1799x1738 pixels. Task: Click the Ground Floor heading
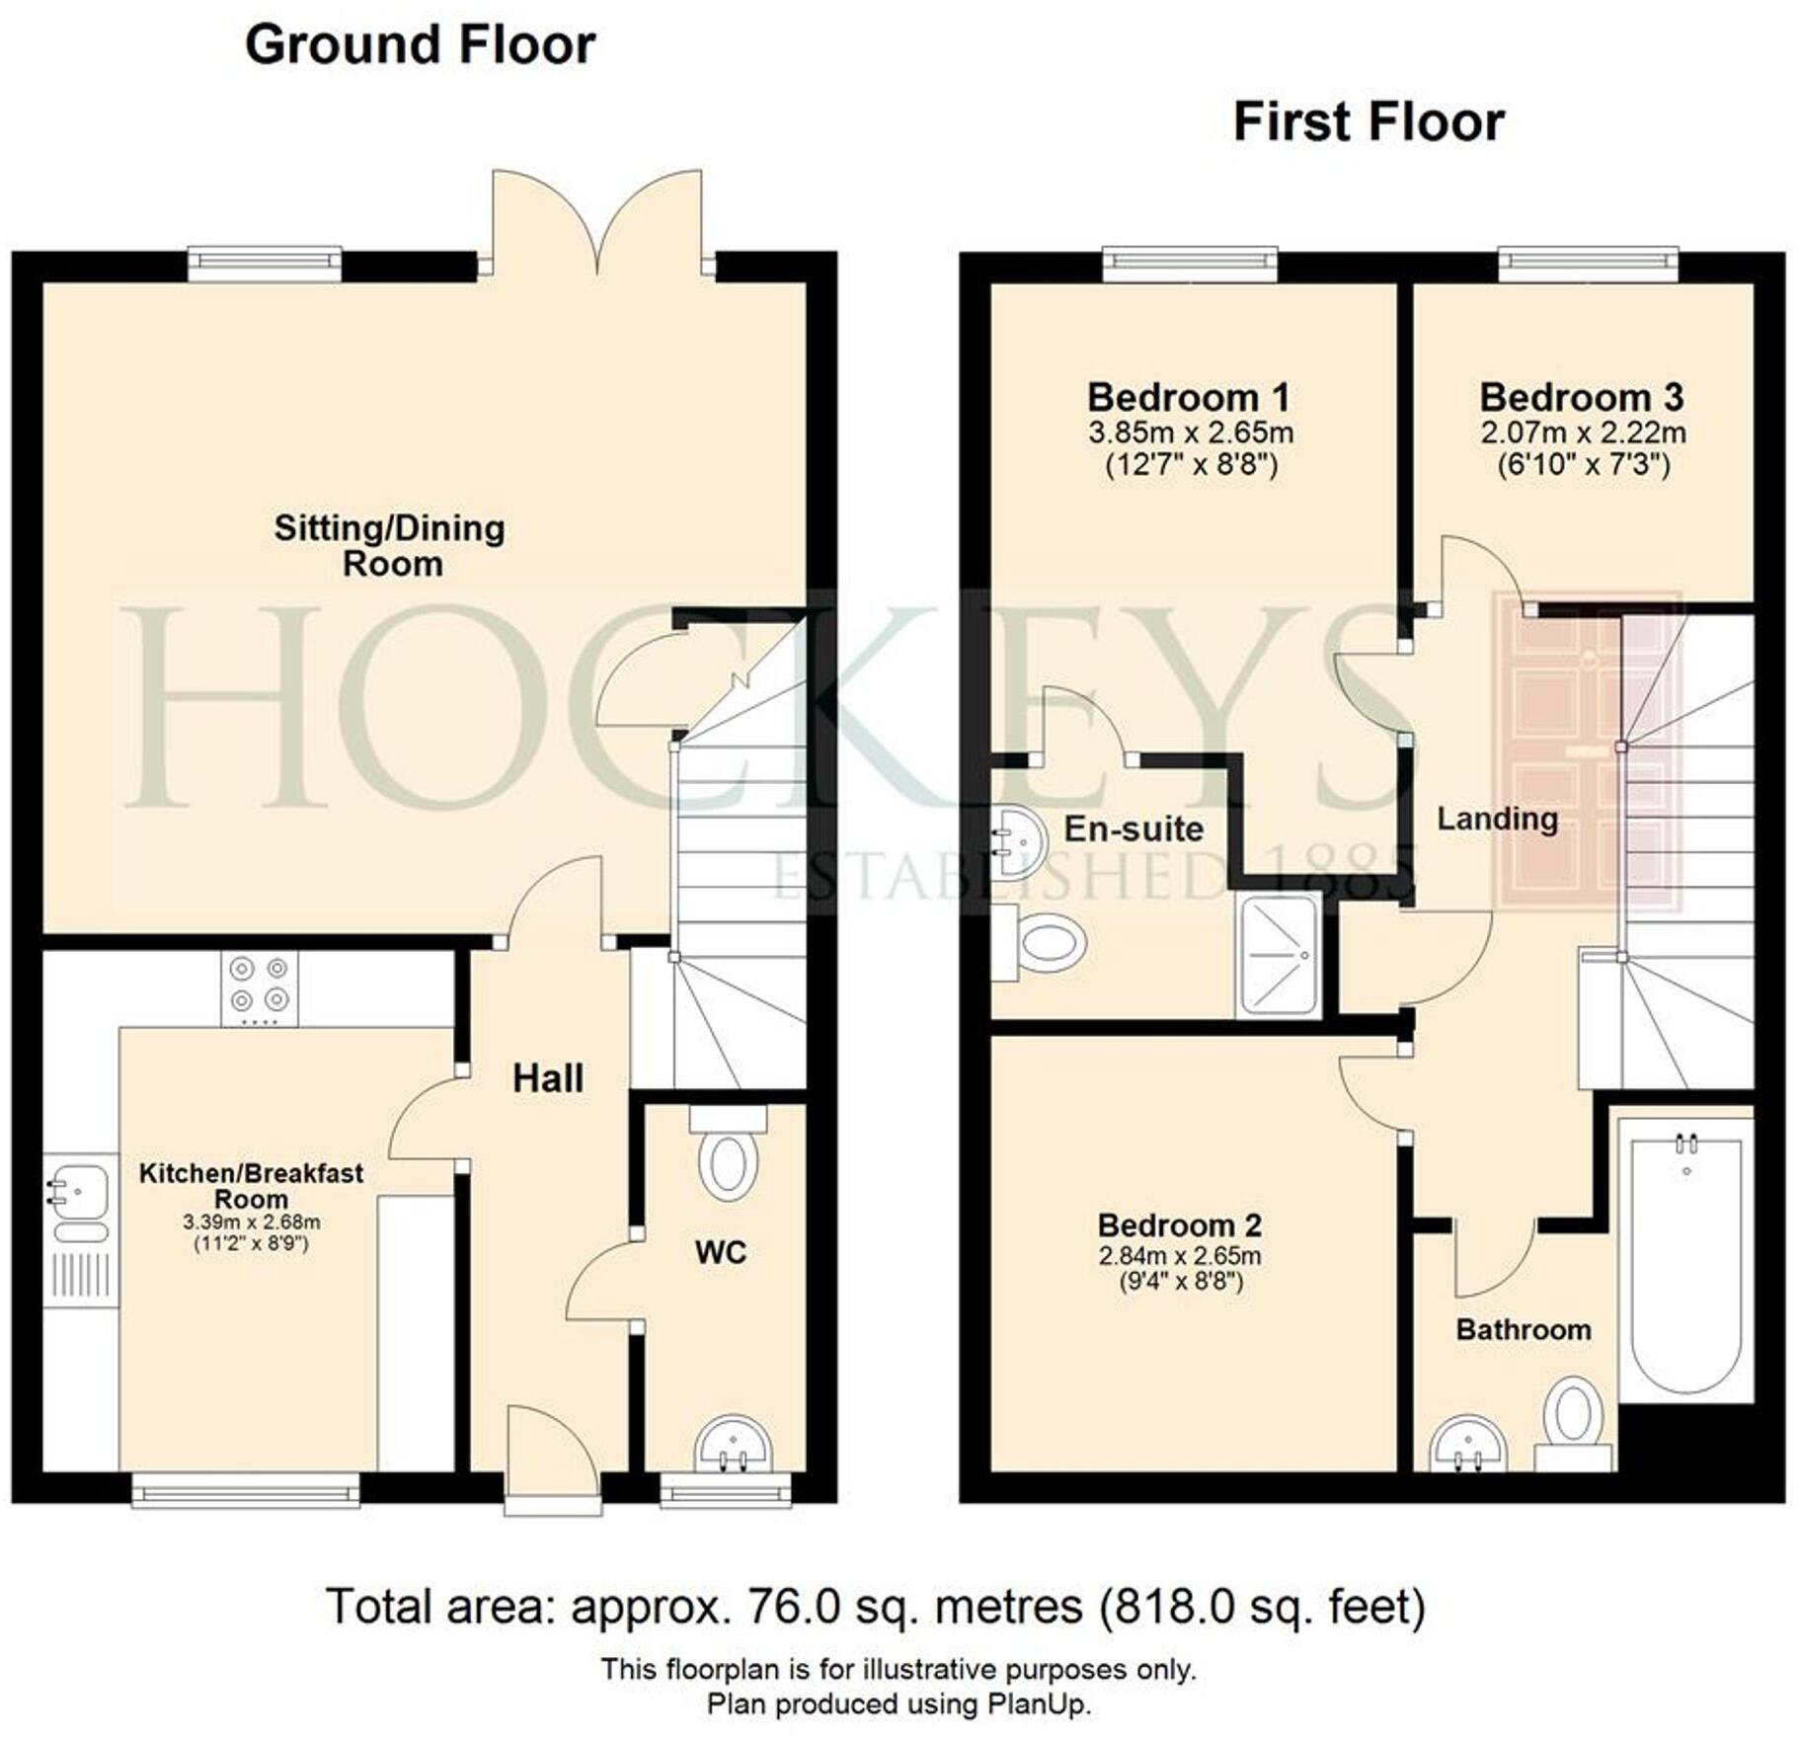pos(420,45)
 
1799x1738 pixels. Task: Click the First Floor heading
pos(1369,123)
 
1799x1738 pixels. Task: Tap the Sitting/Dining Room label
pos(390,545)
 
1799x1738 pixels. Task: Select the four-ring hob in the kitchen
pos(260,987)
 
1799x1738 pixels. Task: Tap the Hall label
pos(548,1078)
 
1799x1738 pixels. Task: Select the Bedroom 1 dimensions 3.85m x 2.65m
pos(1191,433)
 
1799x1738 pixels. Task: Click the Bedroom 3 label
pos(1581,397)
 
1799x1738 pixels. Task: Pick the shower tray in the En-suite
pos(1278,955)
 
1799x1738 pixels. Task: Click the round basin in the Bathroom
pos(1468,1448)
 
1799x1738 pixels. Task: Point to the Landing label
pos(1497,819)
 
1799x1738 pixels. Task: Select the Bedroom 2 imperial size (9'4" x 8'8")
pos(1179,1282)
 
